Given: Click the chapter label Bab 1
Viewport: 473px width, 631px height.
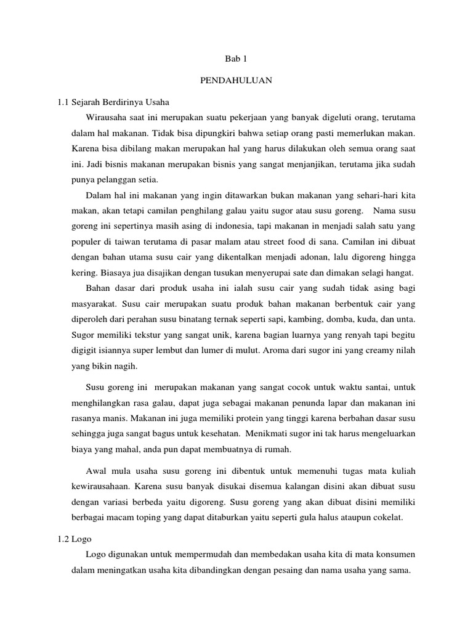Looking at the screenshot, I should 236,59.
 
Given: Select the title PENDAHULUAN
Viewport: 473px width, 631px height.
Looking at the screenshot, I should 236,80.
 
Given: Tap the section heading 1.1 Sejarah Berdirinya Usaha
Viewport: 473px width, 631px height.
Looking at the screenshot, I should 112,102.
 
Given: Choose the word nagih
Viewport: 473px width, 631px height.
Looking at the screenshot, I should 128,367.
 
